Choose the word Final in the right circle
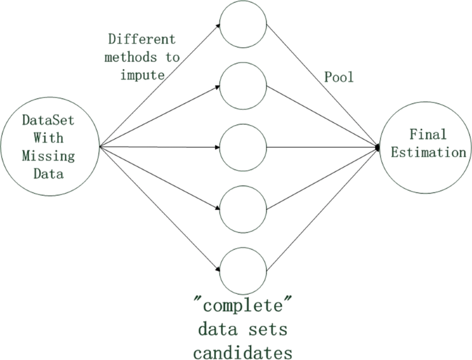(x=428, y=135)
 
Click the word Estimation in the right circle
(x=428, y=153)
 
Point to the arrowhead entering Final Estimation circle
(x=378, y=147)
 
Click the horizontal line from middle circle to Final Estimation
(x=322, y=147)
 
